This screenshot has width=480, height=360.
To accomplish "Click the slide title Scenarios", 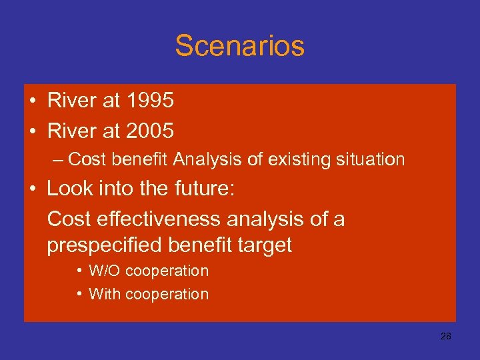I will pyautogui.click(x=239, y=46).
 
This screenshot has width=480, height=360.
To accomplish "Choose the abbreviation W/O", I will pyautogui.click(x=105, y=271).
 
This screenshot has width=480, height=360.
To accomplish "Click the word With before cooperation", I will pyautogui.click(x=104, y=294).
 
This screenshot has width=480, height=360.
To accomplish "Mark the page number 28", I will pyautogui.click(x=446, y=337).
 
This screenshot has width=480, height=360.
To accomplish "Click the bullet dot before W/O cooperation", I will pyautogui.click(x=79, y=271).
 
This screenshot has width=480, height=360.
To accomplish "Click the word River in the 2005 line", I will pyautogui.click(x=71, y=131).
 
